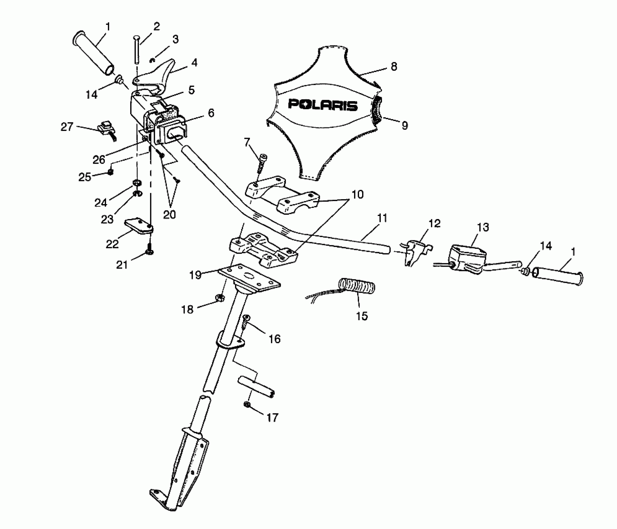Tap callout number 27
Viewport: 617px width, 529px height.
(x=67, y=127)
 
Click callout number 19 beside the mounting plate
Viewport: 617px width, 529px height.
(x=196, y=275)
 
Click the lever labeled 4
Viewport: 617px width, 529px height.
(x=155, y=75)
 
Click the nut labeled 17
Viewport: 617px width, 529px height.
(x=247, y=405)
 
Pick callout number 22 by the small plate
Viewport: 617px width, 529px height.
(x=112, y=244)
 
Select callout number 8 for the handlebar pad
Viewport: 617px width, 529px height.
(x=394, y=67)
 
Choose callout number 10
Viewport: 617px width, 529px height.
(x=357, y=195)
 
